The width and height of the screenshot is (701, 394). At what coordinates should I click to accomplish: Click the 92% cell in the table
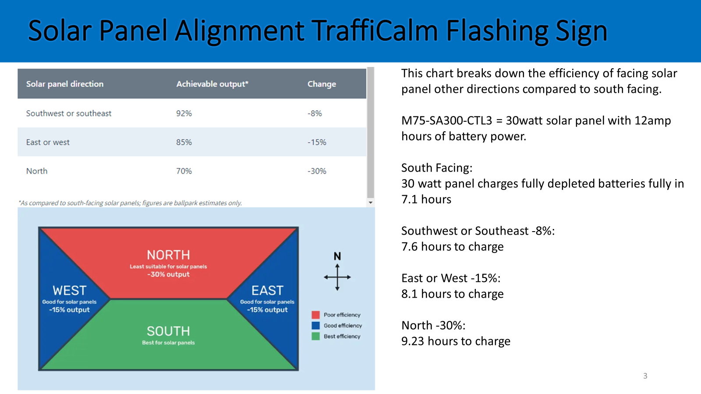[x=184, y=113]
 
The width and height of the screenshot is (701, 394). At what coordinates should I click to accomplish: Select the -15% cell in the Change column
[x=317, y=142]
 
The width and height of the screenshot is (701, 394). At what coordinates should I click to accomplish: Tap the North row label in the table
[x=37, y=171]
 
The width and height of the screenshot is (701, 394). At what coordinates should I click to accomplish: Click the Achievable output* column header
[x=212, y=84]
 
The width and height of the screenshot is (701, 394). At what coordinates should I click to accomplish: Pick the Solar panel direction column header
[x=65, y=84]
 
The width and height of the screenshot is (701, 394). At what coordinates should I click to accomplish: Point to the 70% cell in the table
[x=184, y=171]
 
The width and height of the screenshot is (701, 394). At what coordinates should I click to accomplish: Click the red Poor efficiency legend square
[x=315, y=315]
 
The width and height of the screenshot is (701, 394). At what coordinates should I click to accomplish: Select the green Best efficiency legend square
[x=315, y=336]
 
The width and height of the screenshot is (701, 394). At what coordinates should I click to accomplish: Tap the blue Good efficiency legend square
[x=315, y=326]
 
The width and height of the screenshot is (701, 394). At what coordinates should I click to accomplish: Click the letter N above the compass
[x=337, y=257]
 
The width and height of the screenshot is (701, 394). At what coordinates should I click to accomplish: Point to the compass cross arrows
[x=337, y=277]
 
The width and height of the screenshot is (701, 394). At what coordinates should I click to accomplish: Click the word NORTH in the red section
[x=168, y=255]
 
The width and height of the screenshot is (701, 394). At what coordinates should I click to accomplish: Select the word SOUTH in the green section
[x=168, y=331]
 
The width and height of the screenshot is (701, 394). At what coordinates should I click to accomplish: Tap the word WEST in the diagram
[x=69, y=291]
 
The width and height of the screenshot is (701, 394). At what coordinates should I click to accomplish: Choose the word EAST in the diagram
[x=267, y=291]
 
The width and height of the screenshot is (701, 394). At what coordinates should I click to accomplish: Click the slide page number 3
[x=645, y=376]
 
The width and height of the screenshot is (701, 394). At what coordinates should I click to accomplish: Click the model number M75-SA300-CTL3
[x=446, y=120]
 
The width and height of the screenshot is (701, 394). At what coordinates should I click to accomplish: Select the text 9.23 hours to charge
[x=456, y=341]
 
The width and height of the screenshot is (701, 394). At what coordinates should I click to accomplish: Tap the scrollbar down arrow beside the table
[x=371, y=203]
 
